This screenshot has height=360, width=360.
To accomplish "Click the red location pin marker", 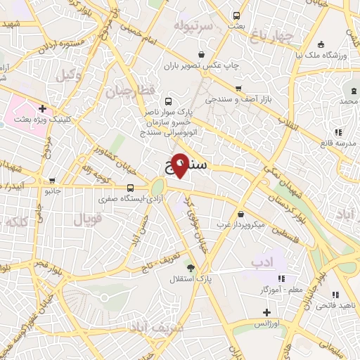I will click(180, 165).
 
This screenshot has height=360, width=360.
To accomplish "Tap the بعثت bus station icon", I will click(236, 15).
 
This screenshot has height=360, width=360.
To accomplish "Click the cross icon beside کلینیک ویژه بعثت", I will click(42, 109).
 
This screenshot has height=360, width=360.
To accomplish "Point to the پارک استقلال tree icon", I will click(190, 267).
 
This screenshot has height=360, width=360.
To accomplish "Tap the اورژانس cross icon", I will click(266, 312).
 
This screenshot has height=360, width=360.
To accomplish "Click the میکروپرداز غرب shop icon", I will click(241, 214).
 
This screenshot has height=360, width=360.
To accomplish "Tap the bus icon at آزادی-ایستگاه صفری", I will click(130, 188).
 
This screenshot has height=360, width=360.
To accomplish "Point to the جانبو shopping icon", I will click(51, 181).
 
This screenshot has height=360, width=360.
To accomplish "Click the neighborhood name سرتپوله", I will click(194, 26).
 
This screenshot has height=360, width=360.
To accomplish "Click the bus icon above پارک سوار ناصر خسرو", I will click(167, 101).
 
